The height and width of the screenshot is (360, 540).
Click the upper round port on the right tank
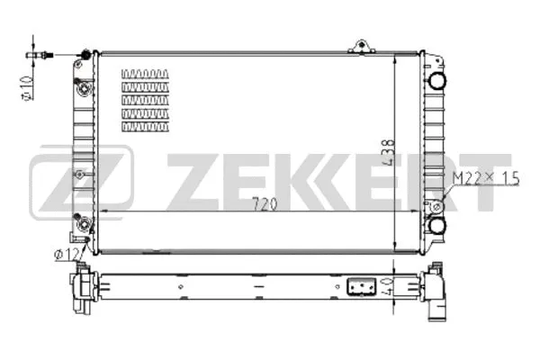pyautogui.click(x=436, y=80)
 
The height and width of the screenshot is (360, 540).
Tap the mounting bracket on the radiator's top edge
pyautogui.click(x=363, y=46)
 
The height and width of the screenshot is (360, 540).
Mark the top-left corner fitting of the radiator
pyautogui.click(x=86, y=56)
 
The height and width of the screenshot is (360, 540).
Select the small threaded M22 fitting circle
pyautogui.click(x=436, y=206)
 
